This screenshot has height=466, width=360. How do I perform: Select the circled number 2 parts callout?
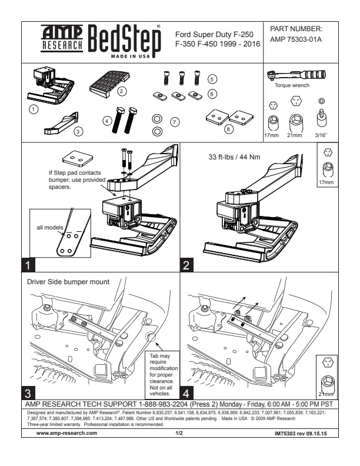coord(121,91)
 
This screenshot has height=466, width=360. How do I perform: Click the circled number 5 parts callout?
coord(212,78)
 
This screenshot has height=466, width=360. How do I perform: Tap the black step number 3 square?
coord(29,391)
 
